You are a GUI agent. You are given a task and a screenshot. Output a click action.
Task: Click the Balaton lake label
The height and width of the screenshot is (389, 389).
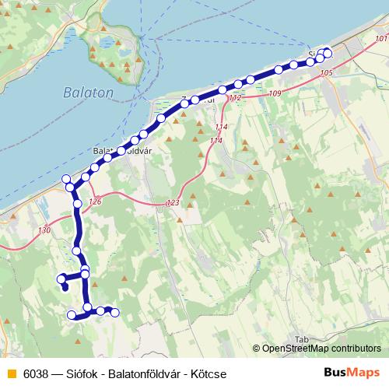[87, 92]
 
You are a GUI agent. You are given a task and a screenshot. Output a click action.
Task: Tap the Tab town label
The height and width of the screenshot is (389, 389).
[303, 339]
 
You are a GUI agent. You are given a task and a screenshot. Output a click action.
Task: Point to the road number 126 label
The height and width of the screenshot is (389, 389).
[95, 202]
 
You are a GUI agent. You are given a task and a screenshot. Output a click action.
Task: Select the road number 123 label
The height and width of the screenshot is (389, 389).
[173, 203]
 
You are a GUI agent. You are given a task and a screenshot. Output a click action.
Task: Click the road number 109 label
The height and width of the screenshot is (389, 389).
[273, 94]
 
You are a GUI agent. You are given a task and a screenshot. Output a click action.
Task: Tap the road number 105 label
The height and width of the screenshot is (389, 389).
[325, 72]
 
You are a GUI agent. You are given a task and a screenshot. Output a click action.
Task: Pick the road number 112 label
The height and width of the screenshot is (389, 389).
[236, 97]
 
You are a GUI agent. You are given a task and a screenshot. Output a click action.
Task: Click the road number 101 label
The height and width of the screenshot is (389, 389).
[380, 39]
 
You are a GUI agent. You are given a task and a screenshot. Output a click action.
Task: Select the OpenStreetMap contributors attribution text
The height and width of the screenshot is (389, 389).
[320, 349]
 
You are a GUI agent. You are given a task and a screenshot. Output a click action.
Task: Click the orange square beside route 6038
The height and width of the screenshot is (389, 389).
[9, 374]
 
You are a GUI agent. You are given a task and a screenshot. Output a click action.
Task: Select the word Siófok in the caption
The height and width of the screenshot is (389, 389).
[82, 374]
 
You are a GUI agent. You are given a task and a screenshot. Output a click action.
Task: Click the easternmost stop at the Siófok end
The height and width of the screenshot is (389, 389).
[328, 53]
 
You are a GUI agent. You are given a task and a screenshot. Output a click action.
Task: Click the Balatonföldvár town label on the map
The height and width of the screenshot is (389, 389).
[120, 149]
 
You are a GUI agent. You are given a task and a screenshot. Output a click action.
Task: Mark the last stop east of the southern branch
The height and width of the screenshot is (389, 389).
[115, 313]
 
